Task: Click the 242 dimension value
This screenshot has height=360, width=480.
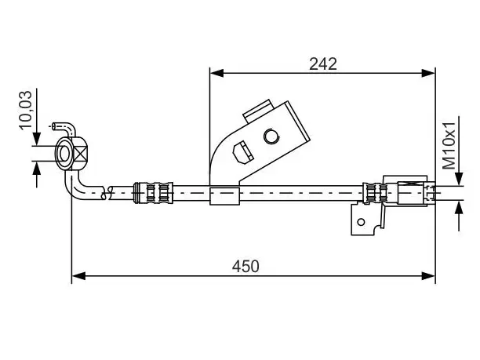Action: [x=323, y=64]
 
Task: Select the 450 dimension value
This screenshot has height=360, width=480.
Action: [x=245, y=267]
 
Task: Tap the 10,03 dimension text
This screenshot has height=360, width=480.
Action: [x=26, y=111]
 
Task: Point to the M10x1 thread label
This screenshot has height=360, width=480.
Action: [x=449, y=145]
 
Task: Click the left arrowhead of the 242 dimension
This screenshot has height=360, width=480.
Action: [x=216, y=73]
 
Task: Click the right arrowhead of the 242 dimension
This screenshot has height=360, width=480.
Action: [x=428, y=73]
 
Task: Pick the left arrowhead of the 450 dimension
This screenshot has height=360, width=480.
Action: [x=78, y=276]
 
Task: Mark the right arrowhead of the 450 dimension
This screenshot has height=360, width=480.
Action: [x=428, y=276]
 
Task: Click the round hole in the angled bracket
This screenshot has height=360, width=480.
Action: [x=271, y=136]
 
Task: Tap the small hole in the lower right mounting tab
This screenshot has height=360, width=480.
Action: [x=362, y=222]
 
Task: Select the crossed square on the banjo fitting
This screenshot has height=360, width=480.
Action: [x=81, y=153]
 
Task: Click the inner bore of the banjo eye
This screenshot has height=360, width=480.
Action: [x=64, y=154]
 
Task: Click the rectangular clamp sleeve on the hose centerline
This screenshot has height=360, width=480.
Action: [x=224, y=196]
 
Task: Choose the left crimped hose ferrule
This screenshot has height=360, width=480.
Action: [x=154, y=193]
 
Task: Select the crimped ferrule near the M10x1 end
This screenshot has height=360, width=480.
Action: [x=375, y=193]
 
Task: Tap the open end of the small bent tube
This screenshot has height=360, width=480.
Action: [x=54, y=125]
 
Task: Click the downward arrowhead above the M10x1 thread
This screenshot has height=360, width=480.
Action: [x=459, y=179]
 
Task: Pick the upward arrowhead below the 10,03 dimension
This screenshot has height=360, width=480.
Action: [x=37, y=169]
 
